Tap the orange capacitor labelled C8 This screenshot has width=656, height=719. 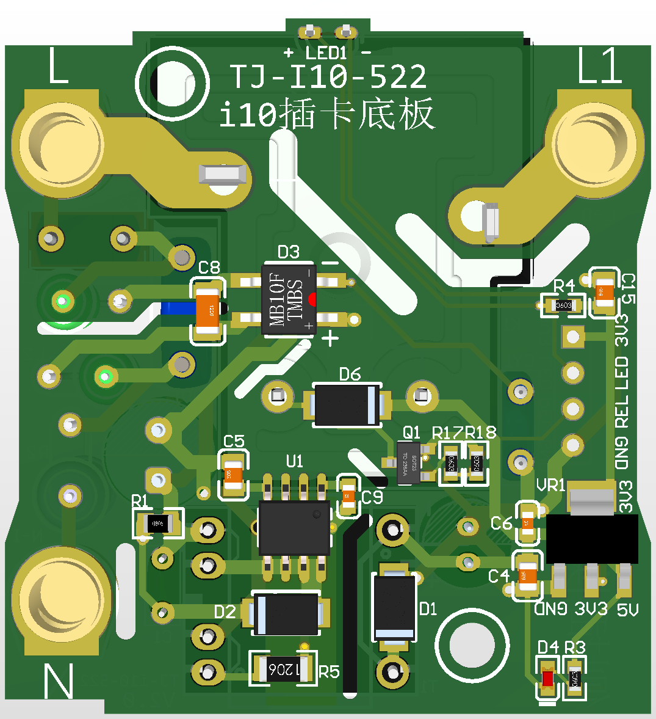(x=208, y=310)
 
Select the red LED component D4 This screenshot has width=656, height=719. (x=547, y=679)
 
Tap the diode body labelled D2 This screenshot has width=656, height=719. (x=286, y=614)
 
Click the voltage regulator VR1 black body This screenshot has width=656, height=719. (x=591, y=538)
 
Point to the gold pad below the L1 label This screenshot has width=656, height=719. (x=594, y=142)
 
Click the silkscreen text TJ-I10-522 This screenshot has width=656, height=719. (x=328, y=77)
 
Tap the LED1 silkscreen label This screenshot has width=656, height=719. (x=327, y=53)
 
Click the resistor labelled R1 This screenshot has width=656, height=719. (x=159, y=524)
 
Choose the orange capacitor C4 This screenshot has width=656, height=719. (x=527, y=575)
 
